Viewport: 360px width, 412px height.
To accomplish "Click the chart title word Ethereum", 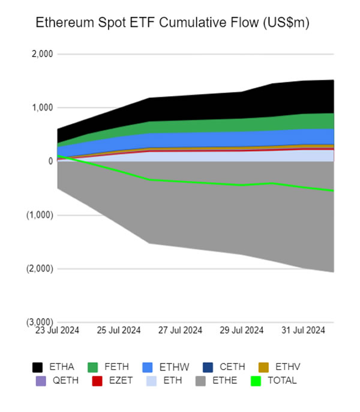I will tap(62, 23).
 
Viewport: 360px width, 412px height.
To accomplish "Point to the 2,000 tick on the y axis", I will tap(43, 54).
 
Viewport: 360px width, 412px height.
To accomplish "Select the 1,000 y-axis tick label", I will tap(43, 108).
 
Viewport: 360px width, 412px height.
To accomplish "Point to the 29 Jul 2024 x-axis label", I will tap(241, 330).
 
